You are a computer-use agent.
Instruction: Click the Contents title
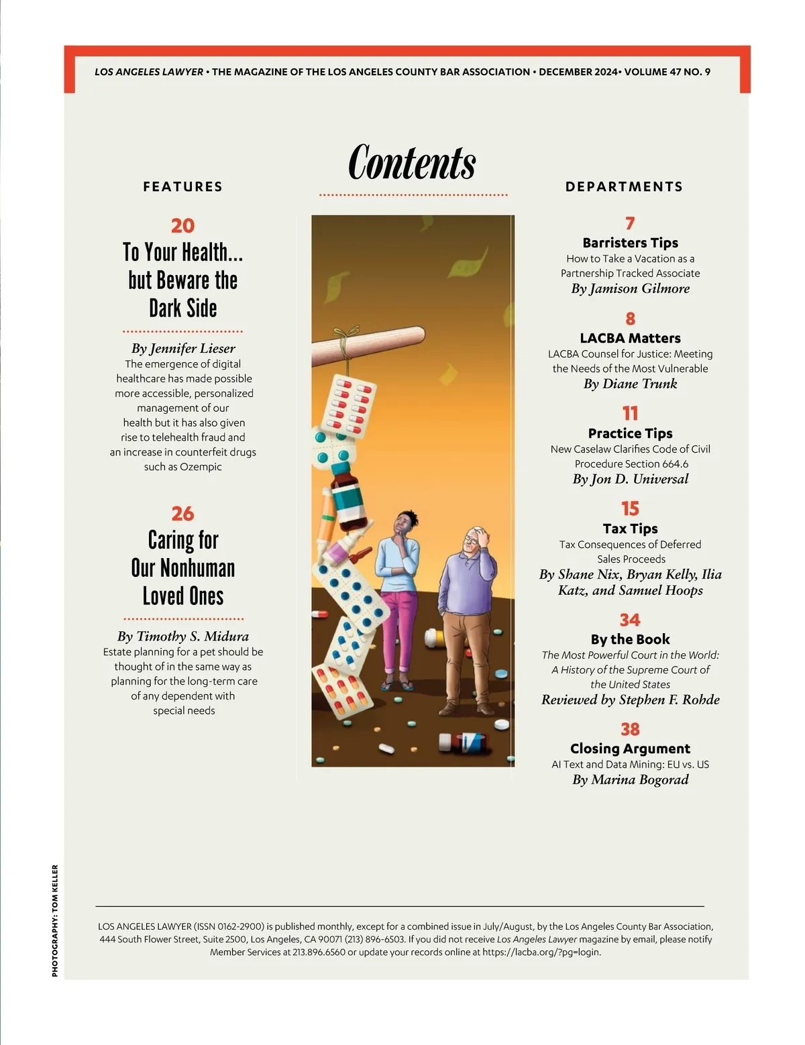(412, 162)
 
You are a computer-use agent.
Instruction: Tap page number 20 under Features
(182, 225)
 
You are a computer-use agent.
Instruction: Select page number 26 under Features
(182, 514)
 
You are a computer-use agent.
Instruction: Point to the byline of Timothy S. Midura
(183, 636)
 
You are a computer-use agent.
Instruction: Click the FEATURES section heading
(182, 186)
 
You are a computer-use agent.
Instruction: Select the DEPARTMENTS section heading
(624, 186)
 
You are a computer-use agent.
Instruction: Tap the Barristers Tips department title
(630, 243)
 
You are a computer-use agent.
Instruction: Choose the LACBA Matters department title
(630, 338)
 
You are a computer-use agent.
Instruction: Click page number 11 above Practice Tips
(630, 413)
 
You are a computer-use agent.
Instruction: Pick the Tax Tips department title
(630, 529)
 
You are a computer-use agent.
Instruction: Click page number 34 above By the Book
(630, 620)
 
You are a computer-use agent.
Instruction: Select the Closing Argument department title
(630, 749)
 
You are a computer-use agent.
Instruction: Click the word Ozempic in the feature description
(201, 467)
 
